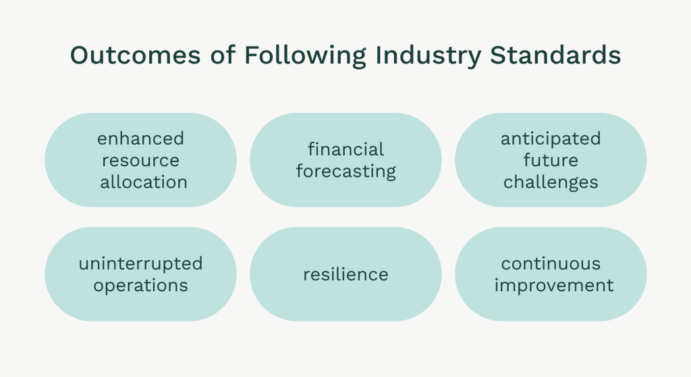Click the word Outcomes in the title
click(x=135, y=55)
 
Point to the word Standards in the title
click(x=555, y=55)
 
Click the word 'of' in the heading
click(x=223, y=55)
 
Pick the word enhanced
click(x=140, y=139)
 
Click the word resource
click(x=140, y=160)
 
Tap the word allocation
click(x=144, y=182)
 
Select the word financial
click(x=346, y=149)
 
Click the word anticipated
click(x=551, y=139)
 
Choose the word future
click(x=551, y=160)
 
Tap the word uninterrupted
click(x=140, y=264)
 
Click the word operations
click(x=140, y=286)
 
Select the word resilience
click(x=346, y=274)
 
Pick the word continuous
click(x=551, y=264)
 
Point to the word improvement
click(x=554, y=286)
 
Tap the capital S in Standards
click(x=498, y=55)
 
